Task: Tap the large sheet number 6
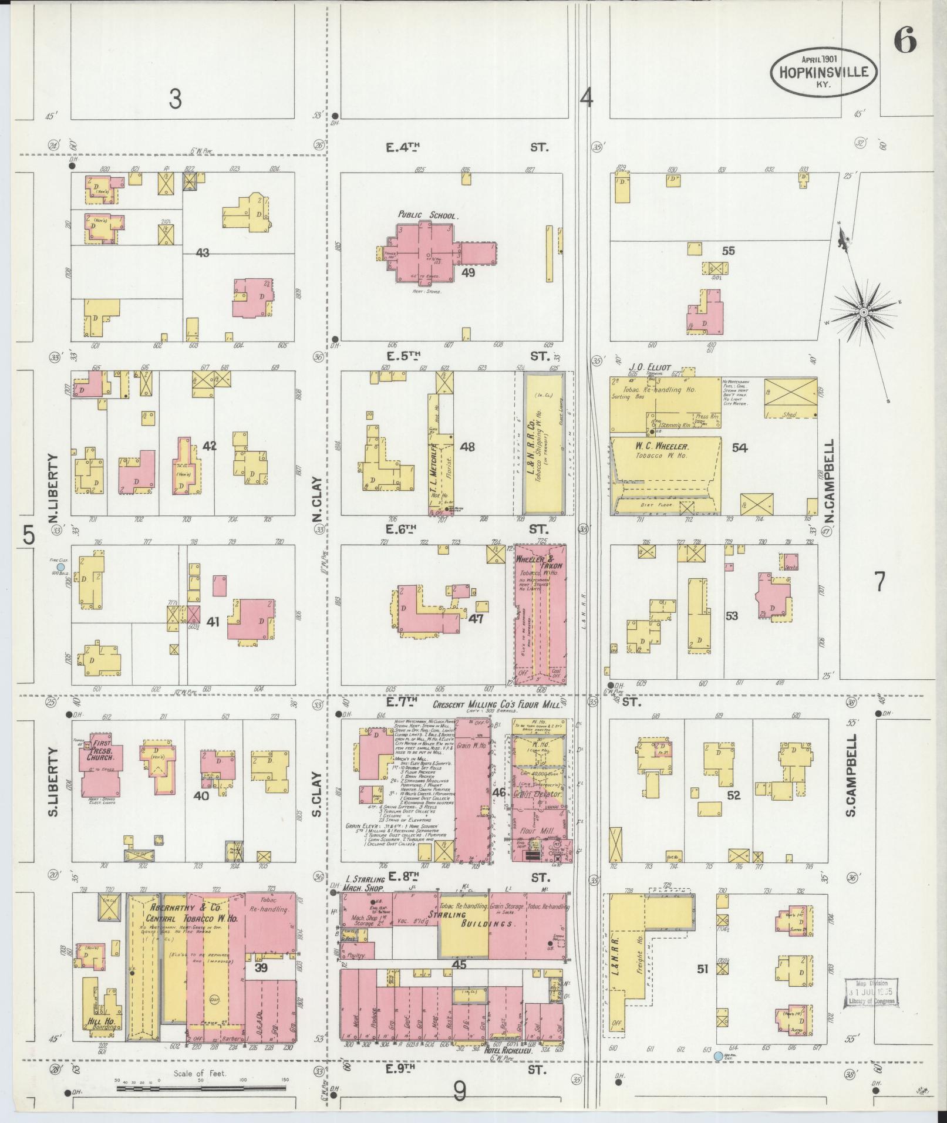[905, 41]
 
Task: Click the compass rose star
[863, 312]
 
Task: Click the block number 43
[203, 253]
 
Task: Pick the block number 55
[728, 251]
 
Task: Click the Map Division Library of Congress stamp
[871, 992]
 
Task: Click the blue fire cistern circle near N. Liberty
[60, 568]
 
